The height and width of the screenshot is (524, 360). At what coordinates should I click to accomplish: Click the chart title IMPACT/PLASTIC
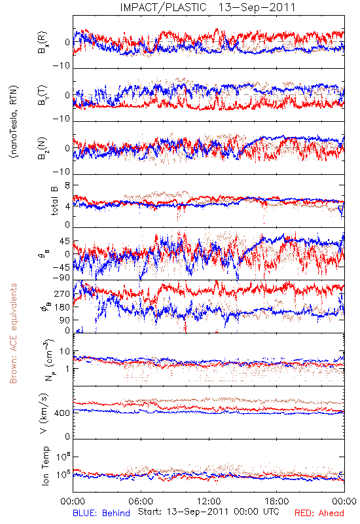click(x=163, y=7)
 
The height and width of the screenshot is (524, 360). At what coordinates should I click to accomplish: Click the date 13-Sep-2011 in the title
click(x=257, y=7)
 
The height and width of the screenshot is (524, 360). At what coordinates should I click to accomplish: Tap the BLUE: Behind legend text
click(x=101, y=513)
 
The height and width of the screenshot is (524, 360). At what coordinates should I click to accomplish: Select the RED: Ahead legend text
click(x=319, y=513)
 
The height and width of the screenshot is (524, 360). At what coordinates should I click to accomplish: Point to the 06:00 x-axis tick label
click(x=141, y=501)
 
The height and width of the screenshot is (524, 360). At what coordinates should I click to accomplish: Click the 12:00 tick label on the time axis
click(x=209, y=501)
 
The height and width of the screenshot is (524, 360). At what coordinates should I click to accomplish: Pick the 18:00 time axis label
click(x=277, y=501)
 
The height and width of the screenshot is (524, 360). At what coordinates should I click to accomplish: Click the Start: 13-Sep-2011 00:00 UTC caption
click(x=208, y=512)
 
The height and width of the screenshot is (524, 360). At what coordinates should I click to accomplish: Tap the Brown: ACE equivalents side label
click(x=13, y=333)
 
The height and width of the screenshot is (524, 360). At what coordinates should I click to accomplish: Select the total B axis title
click(x=54, y=200)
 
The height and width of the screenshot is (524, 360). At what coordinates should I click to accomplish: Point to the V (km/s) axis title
click(x=44, y=413)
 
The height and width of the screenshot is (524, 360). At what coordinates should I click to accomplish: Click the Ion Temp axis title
click(x=45, y=466)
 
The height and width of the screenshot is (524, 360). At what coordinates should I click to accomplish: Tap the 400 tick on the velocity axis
click(x=62, y=413)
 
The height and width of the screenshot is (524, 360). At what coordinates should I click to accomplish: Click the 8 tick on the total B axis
click(x=67, y=186)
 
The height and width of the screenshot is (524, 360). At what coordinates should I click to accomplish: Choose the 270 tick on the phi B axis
click(x=62, y=293)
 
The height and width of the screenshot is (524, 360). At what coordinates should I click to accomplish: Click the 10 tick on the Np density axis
click(x=65, y=351)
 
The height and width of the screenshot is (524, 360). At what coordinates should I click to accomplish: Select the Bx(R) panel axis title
click(x=43, y=43)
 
